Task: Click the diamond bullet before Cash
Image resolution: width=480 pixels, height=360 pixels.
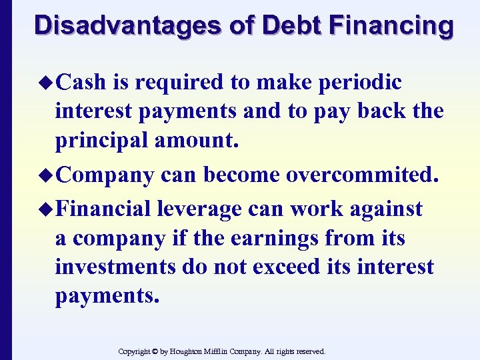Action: point(48,83)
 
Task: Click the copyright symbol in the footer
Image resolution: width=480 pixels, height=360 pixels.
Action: point(154,351)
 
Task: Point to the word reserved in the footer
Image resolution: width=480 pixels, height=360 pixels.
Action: point(309,351)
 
